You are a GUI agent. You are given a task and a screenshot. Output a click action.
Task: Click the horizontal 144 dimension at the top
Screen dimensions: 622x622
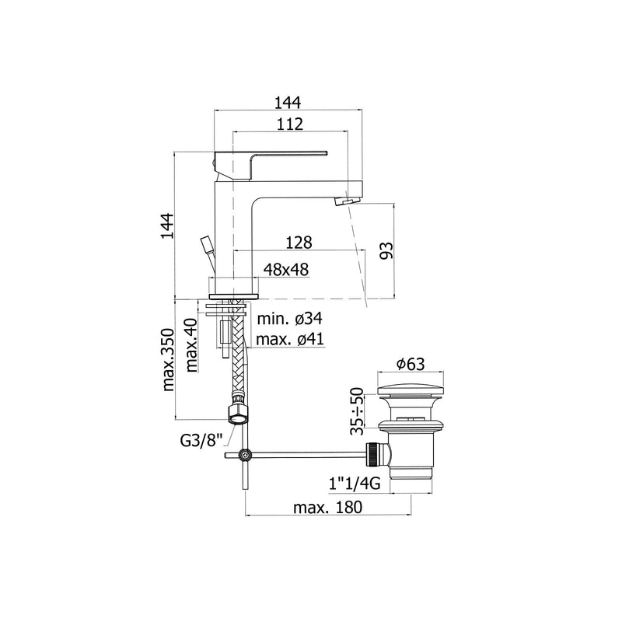(x=288, y=103)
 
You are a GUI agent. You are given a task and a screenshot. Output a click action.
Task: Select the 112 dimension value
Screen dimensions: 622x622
(x=290, y=124)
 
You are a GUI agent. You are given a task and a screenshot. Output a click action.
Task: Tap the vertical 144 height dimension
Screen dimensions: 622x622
(x=167, y=225)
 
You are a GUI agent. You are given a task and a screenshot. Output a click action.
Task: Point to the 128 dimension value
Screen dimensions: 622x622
(x=299, y=243)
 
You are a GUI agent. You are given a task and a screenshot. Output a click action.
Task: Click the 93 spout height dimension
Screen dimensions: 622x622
(x=386, y=250)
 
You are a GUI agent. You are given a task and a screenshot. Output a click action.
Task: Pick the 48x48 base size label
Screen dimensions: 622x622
(x=286, y=270)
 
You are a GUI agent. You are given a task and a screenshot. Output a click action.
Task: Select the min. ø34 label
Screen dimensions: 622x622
(x=290, y=318)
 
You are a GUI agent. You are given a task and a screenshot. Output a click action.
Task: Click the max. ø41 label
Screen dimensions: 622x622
(x=290, y=339)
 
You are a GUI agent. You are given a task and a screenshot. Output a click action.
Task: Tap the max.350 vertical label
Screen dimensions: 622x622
(x=168, y=359)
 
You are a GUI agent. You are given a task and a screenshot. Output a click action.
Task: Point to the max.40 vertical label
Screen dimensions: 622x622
(x=191, y=344)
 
